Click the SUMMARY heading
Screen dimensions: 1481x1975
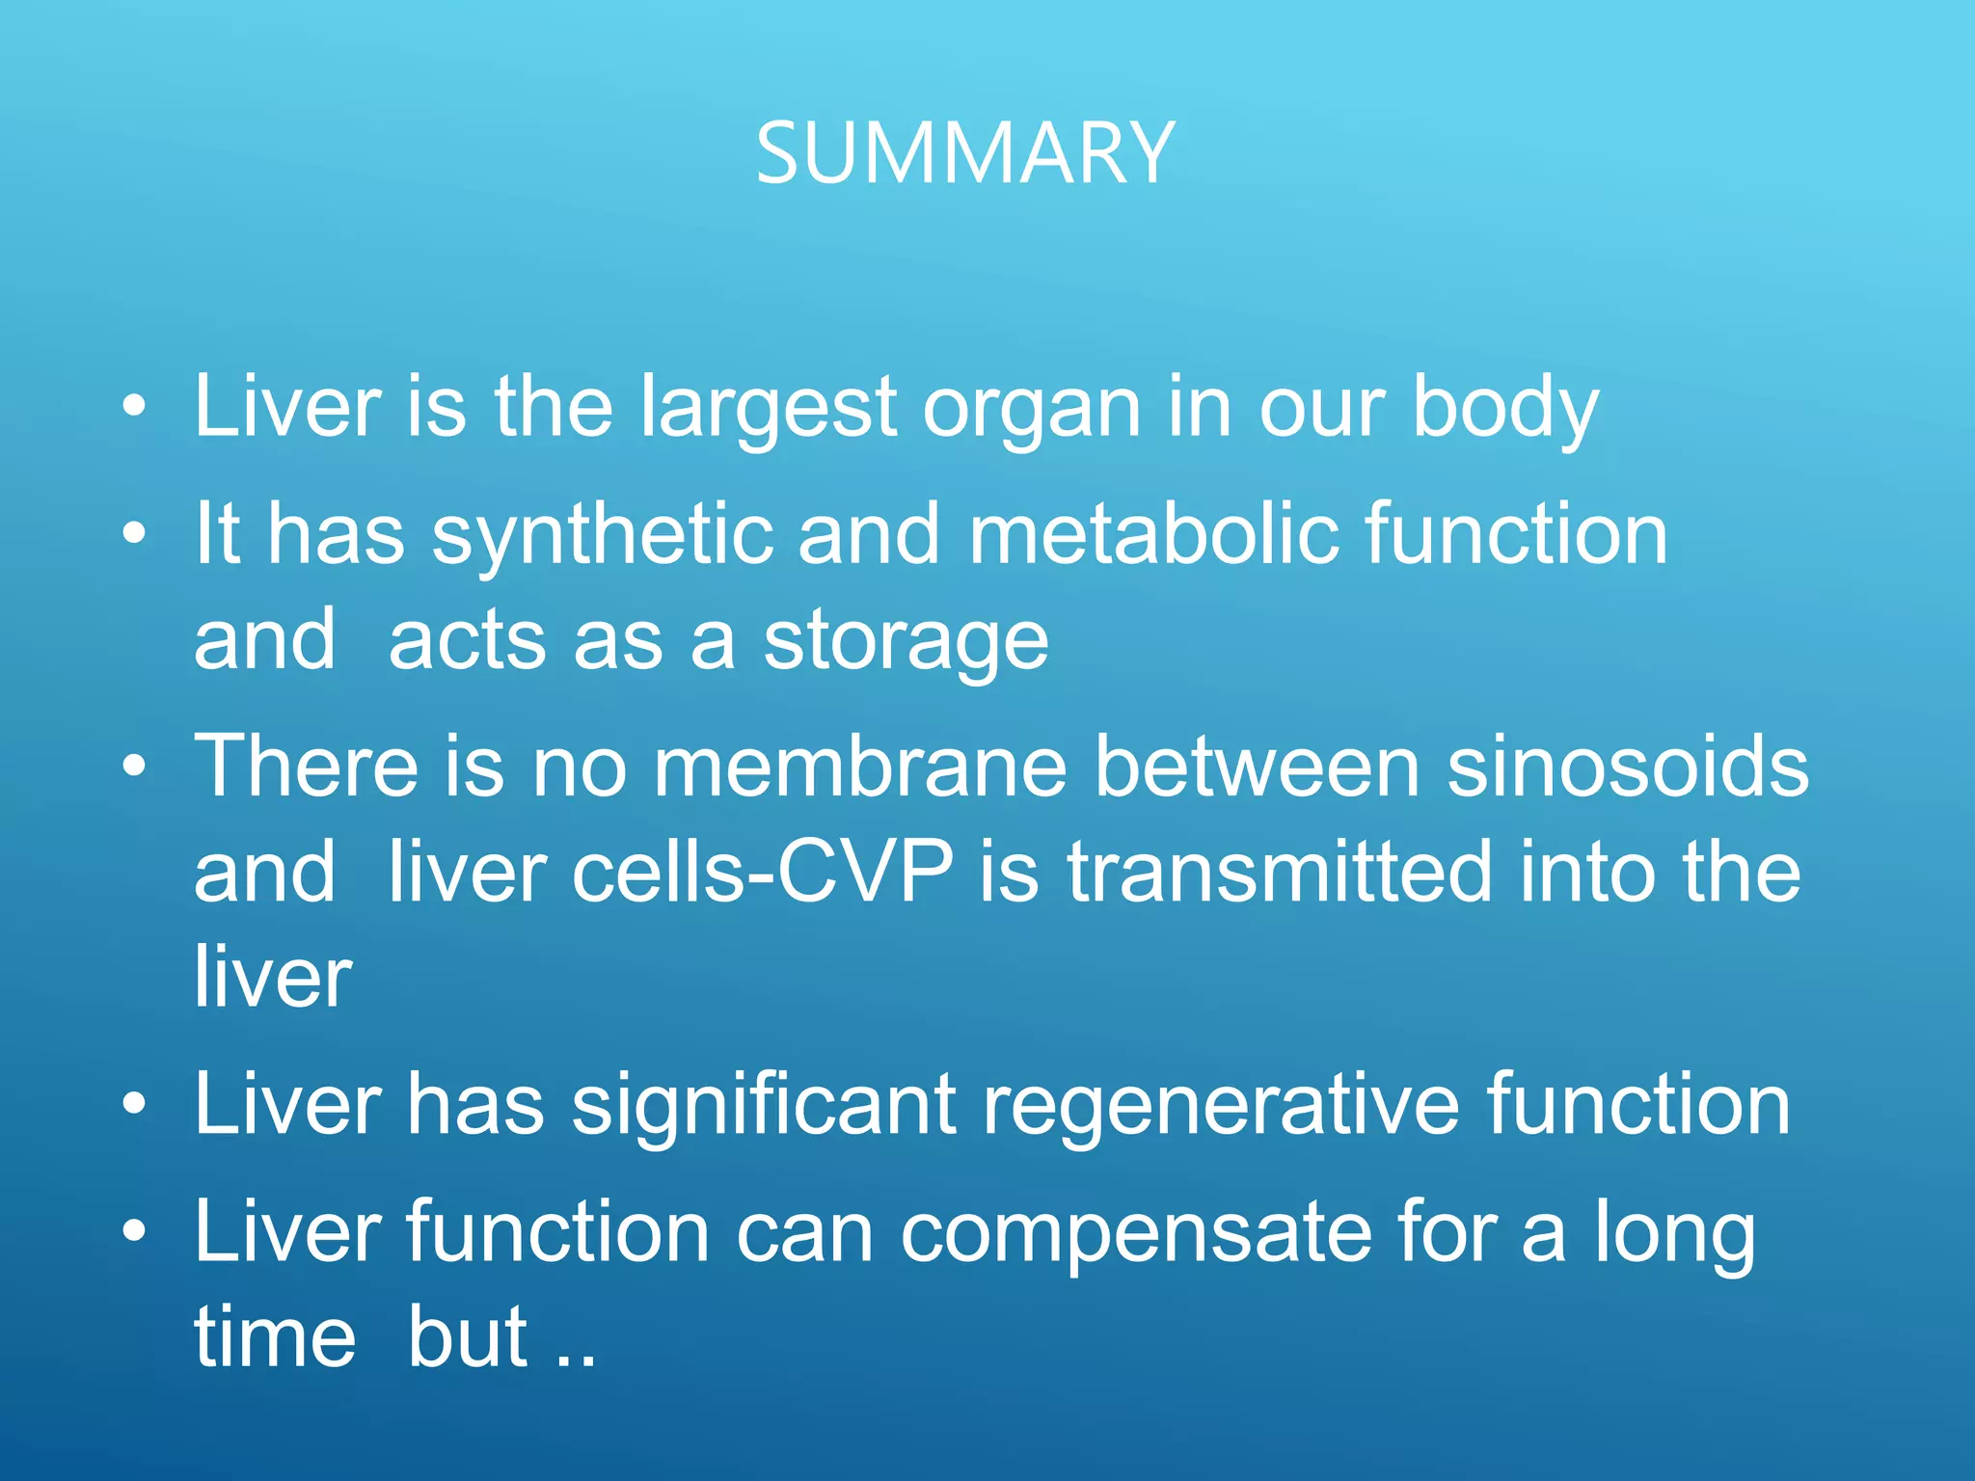964,154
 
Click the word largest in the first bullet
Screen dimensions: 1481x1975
768,409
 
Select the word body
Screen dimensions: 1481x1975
1505,409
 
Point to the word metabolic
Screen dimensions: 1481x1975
1153,534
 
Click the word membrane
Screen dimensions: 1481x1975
860,767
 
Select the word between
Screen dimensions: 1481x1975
1258,767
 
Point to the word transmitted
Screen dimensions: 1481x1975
1279,872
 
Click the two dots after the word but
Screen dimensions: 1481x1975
577,1360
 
